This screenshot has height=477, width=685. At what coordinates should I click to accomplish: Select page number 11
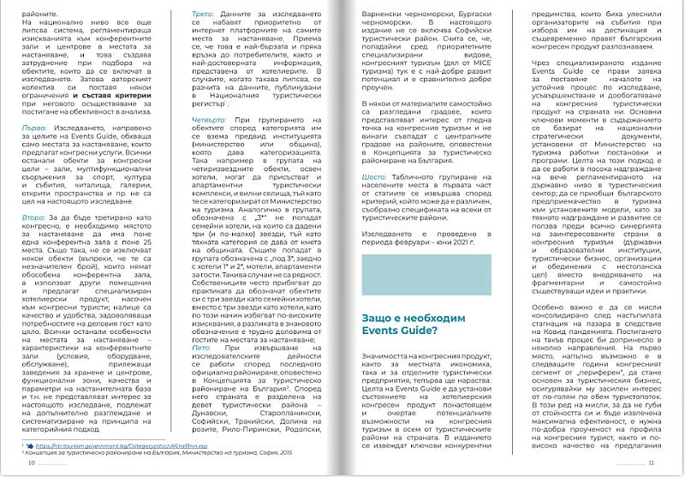tap(652, 463)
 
